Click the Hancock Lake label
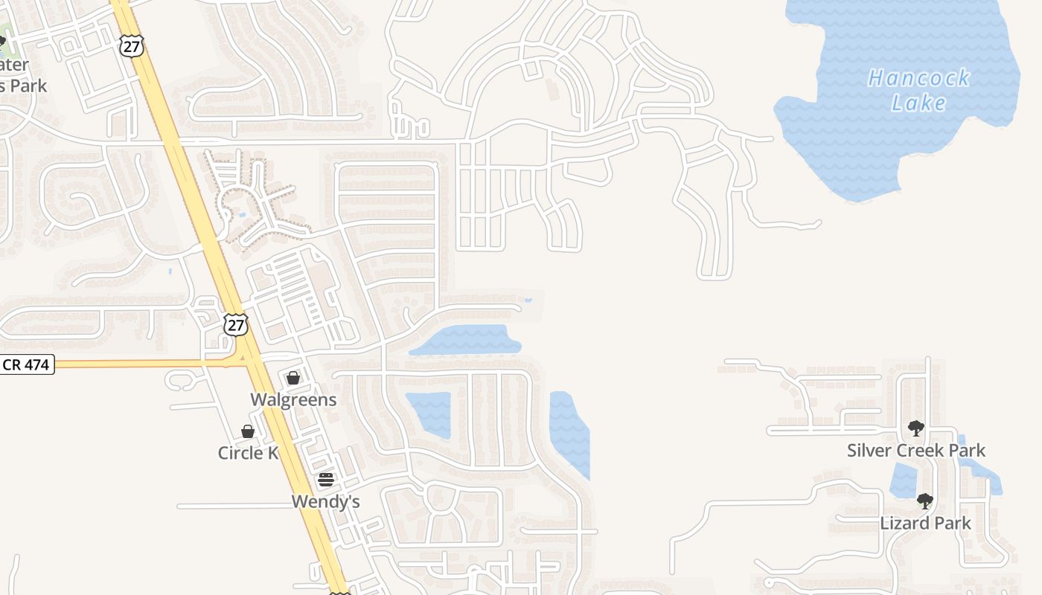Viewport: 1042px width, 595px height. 919,89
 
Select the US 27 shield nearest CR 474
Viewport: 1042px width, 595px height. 234,324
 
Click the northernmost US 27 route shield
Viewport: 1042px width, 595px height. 130,45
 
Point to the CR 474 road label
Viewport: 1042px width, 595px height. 27,365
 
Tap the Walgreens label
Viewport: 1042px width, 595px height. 293,399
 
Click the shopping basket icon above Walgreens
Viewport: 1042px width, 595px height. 293,378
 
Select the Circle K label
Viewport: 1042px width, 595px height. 248,453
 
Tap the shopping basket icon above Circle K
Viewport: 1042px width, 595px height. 248,431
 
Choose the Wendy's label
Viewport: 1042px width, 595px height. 325,501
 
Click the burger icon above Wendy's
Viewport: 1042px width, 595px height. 325,480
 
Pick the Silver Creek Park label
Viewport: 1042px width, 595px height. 916,450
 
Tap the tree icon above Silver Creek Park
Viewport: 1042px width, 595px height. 916,428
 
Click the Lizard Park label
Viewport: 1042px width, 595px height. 925,523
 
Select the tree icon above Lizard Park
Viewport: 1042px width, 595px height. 925,501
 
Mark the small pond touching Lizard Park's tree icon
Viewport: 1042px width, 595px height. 903,480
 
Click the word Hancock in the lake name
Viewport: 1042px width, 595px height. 919,77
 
